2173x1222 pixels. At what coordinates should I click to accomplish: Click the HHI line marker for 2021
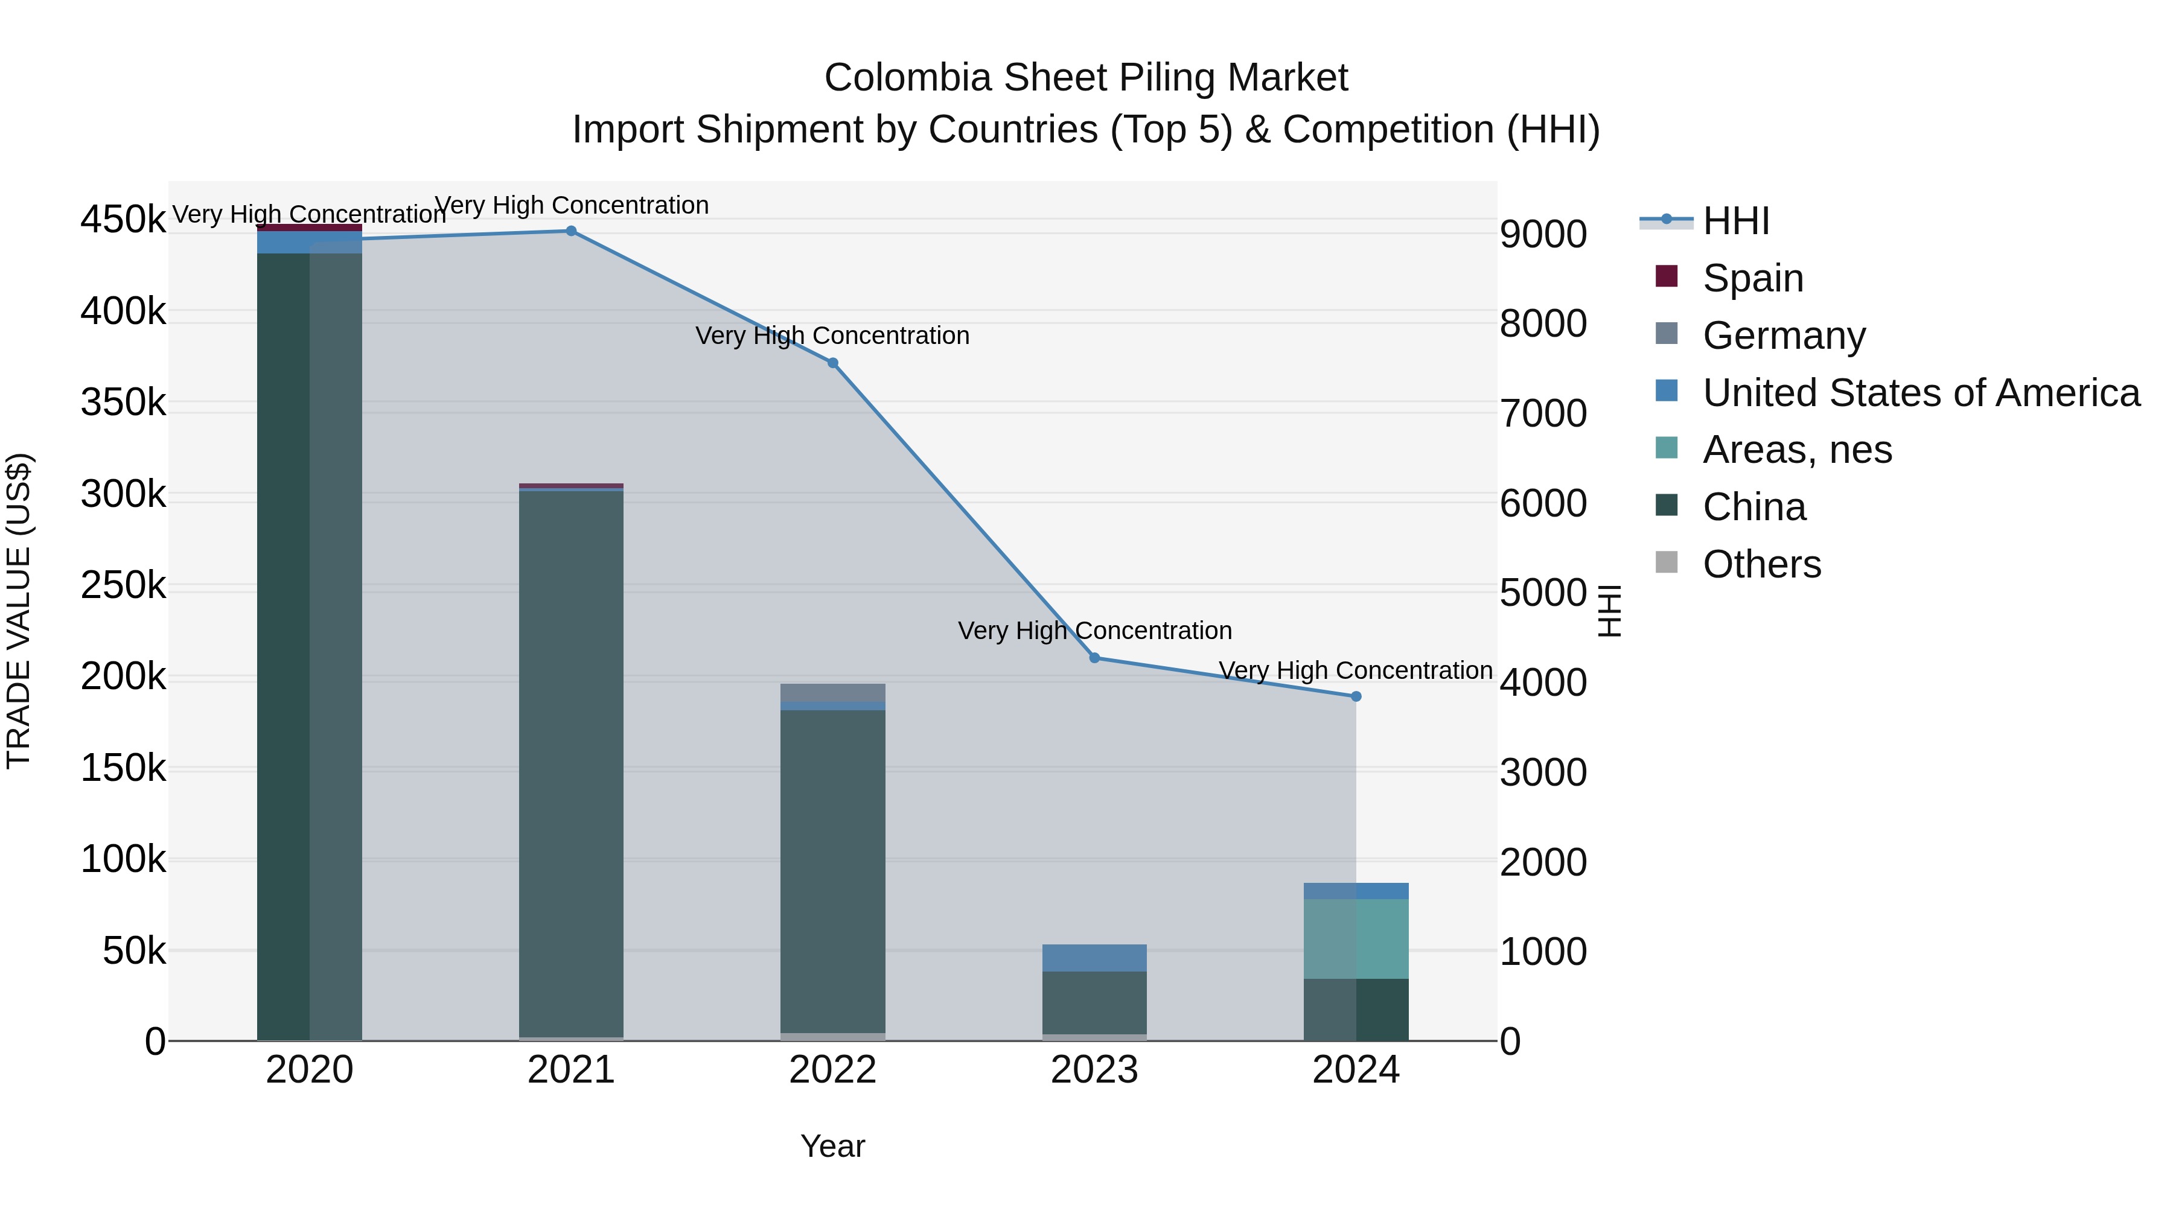click(571, 231)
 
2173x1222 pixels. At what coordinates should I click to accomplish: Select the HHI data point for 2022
click(832, 363)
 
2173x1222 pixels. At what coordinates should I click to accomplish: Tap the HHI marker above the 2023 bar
click(1094, 658)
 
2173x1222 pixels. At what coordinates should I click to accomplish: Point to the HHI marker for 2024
click(1356, 696)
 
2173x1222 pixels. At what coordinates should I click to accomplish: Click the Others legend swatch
click(1667, 562)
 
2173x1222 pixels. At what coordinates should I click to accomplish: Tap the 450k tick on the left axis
click(123, 220)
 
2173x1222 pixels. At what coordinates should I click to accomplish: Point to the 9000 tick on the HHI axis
click(1543, 235)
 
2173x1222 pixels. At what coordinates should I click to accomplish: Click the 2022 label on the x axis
click(832, 1070)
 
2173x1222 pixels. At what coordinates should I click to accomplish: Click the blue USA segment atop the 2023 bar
click(1094, 958)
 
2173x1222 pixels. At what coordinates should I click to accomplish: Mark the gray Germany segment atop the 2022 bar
click(832, 692)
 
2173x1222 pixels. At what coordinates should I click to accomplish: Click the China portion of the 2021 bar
click(571, 759)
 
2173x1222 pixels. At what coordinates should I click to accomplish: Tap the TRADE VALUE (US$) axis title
click(19, 611)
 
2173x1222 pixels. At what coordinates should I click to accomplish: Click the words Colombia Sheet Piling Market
click(1086, 78)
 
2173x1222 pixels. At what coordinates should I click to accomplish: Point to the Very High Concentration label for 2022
click(832, 336)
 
